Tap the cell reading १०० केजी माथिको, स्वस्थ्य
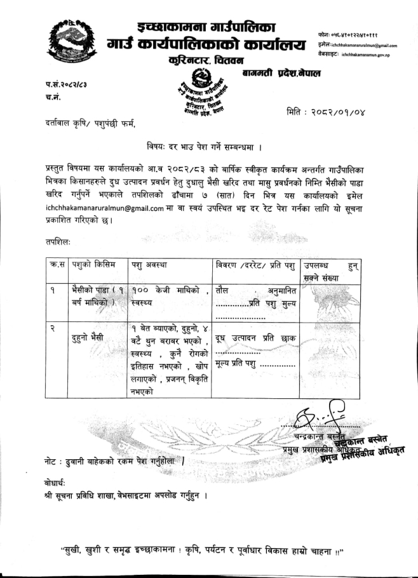[169, 297]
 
